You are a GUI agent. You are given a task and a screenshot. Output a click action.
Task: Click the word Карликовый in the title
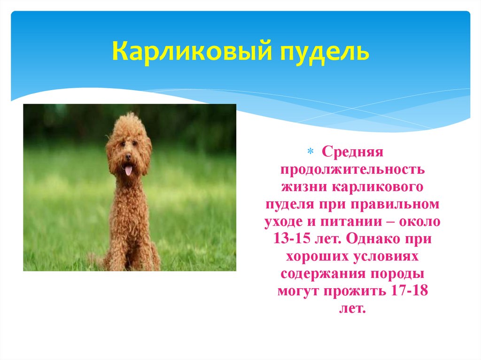pos(184,52)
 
